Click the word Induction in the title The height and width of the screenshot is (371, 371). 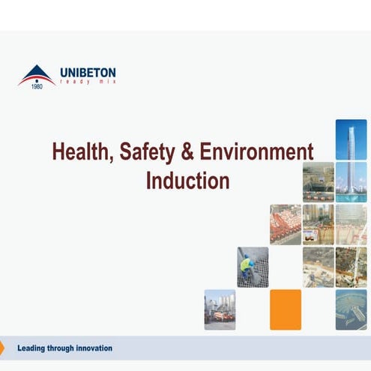[x=187, y=181]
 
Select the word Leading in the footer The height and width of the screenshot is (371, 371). [x=33, y=348]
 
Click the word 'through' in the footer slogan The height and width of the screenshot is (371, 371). [x=61, y=348]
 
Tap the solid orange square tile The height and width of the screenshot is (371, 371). [x=286, y=310]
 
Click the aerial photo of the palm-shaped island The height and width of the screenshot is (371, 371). [x=351, y=310]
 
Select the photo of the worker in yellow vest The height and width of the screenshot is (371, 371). [x=253, y=267]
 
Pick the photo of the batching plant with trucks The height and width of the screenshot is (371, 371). [x=220, y=310]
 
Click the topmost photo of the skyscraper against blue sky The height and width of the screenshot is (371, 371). [x=351, y=139]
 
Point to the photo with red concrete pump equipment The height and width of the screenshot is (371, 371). [x=286, y=224]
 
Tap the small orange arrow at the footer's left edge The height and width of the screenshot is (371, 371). [x=2, y=348]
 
